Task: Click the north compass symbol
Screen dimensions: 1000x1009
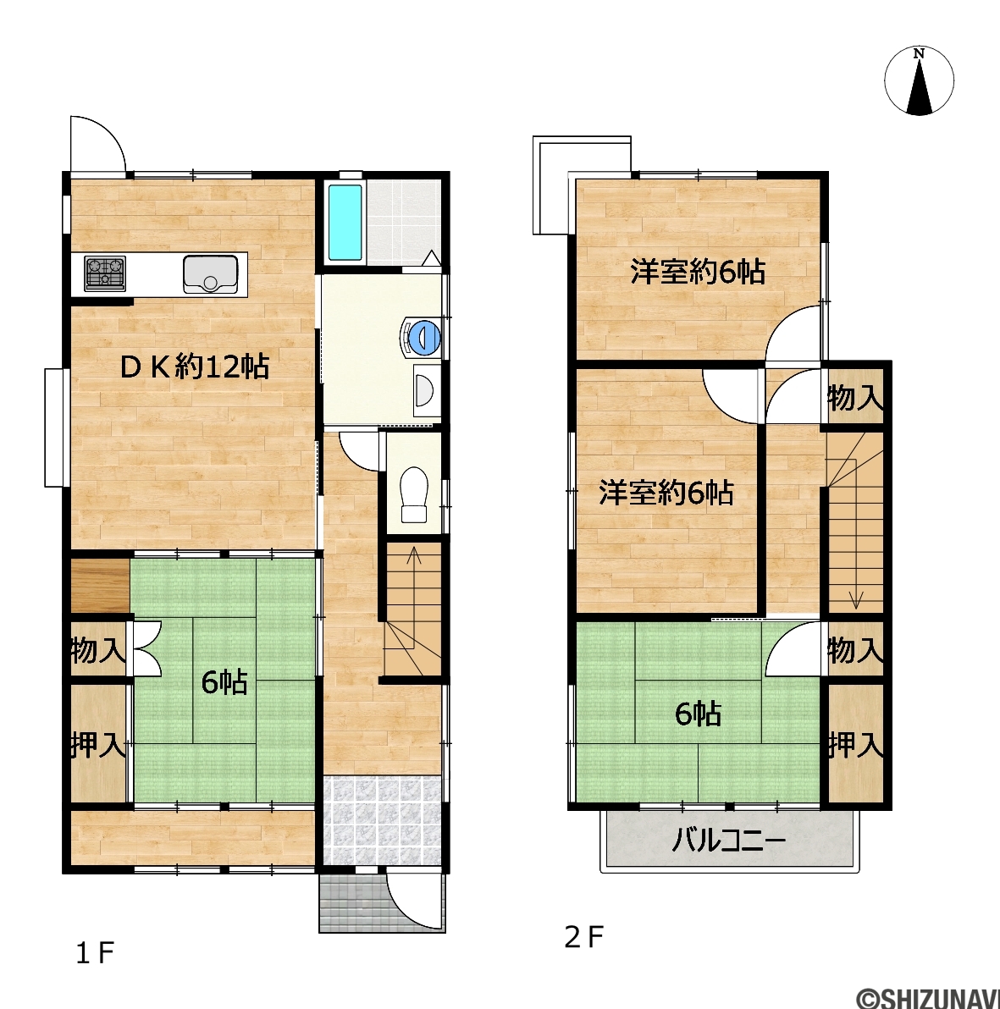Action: tap(919, 81)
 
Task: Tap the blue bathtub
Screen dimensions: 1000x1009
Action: tap(345, 223)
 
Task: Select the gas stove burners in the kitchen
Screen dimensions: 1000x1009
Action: tap(105, 273)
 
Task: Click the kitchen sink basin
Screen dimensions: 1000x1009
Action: tap(211, 273)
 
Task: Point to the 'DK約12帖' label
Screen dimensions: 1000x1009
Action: tap(196, 367)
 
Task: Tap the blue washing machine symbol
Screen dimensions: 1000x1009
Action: tap(422, 337)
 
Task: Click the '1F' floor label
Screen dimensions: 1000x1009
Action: tap(95, 953)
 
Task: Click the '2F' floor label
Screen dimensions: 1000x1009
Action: tap(583, 937)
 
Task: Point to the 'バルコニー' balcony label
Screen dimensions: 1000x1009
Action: tap(729, 841)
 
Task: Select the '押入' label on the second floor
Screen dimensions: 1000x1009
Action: tap(855, 745)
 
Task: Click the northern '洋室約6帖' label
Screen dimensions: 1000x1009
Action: tap(698, 273)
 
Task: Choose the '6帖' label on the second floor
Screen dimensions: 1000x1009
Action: tap(699, 714)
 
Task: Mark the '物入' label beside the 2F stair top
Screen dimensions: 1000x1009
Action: tap(855, 398)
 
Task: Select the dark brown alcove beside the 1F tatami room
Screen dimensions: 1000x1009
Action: tap(101, 587)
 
